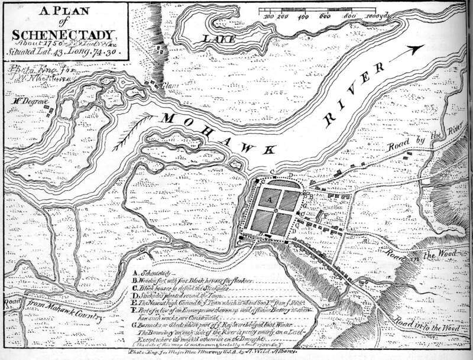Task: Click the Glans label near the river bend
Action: point(171,85)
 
